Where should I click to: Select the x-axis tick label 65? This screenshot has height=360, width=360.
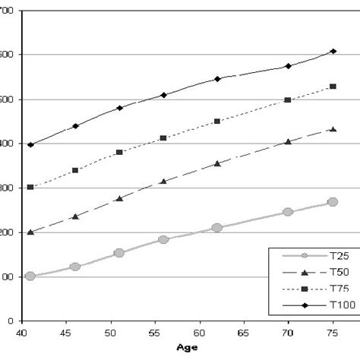pyautogui.click(x=242, y=333)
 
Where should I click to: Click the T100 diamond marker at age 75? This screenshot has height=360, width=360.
pyautogui.click(x=333, y=51)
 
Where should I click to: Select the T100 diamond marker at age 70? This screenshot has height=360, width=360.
pyautogui.click(x=287, y=66)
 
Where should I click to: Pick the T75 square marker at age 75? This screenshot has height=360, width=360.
pyautogui.click(x=333, y=87)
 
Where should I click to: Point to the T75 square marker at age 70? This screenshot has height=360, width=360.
pyautogui.click(x=287, y=100)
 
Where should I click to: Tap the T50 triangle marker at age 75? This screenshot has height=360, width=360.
pyautogui.click(x=333, y=129)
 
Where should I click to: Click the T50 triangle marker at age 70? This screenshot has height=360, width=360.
pyautogui.click(x=287, y=141)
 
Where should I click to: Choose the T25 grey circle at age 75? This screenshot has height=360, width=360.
pyautogui.click(x=333, y=202)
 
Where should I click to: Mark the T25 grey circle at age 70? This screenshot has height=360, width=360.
pyautogui.click(x=287, y=212)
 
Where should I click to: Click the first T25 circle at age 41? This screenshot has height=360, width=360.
pyautogui.click(x=30, y=276)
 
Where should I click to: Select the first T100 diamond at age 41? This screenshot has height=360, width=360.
pyautogui.click(x=30, y=144)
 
